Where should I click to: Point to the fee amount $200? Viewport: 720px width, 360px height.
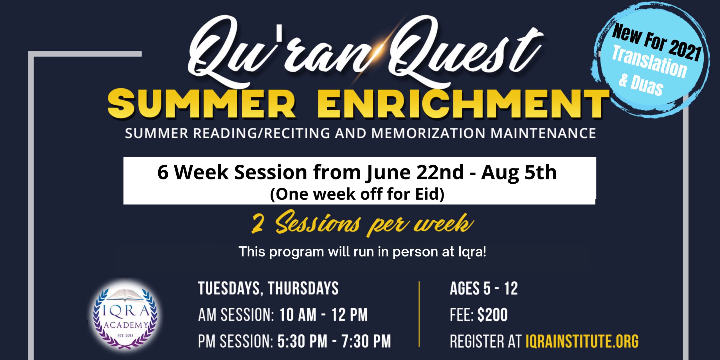492,315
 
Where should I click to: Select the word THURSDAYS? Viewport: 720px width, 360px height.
303,288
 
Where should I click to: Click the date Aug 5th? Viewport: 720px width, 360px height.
519,172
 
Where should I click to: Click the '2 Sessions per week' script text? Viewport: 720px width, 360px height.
363,224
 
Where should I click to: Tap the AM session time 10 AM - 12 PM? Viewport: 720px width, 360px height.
323,315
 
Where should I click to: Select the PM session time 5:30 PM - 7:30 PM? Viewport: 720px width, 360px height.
334,341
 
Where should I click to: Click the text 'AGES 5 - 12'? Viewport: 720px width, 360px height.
484,289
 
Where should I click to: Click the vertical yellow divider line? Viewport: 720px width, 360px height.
419,314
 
